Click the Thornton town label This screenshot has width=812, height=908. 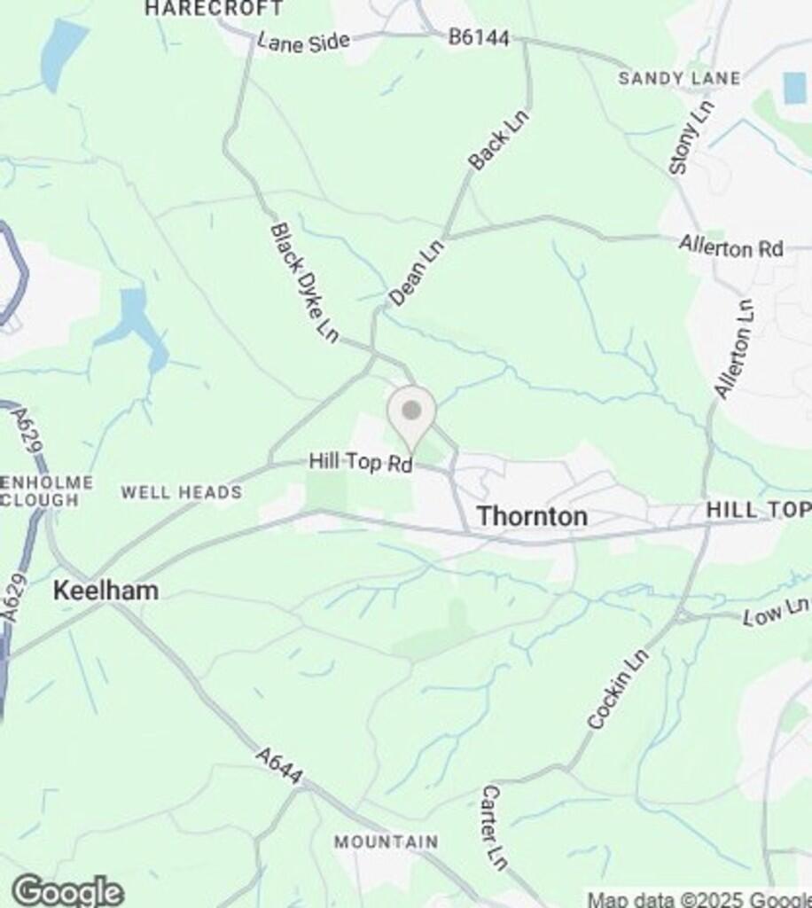click(x=532, y=516)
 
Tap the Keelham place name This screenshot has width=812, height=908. click(x=106, y=591)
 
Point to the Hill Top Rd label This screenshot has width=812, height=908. click(x=361, y=463)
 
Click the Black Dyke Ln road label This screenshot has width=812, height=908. click(x=304, y=283)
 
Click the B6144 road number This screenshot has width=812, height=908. click(x=479, y=37)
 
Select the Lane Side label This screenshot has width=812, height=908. click(x=303, y=42)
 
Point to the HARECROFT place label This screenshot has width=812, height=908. click(x=214, y=9)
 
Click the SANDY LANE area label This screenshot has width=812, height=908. click(x=679, y=79)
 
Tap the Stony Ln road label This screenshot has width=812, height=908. click(x=691, y=137)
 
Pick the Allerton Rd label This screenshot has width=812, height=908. click(x=731, y=247)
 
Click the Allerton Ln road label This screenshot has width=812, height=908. click(x=735, y=349)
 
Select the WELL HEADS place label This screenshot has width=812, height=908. click(x=182, y=493)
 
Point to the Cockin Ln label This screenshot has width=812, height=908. click(x=618, y=689)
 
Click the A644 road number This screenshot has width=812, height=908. click(x=279, y=765)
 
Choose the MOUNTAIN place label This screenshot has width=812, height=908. click(x=386, y=841)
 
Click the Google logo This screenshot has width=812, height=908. click(x=67, y=890)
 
